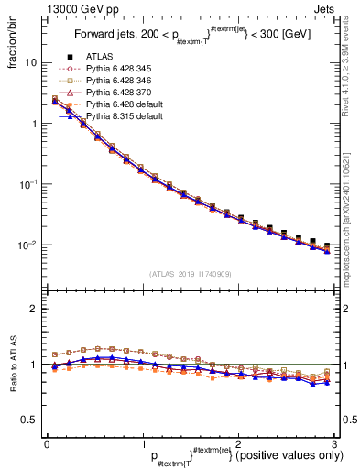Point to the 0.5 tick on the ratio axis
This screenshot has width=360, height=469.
(29, 420)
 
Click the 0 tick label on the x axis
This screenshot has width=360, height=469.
(47, 443)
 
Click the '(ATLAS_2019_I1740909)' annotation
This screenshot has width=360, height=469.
(190, 275)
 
